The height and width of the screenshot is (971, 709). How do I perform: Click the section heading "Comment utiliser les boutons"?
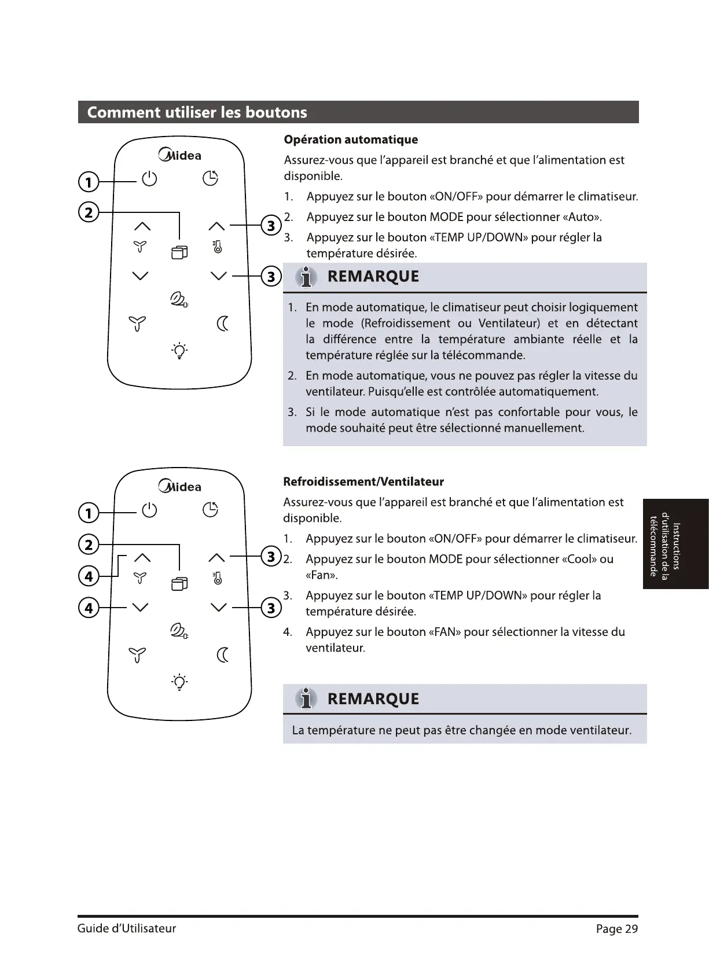(x=197, y=112)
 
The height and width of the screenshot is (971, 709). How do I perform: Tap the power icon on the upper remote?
(x=149, y=179)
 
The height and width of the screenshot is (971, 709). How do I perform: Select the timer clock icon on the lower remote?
(x=210, y=510)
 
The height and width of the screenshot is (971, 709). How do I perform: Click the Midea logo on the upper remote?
(x=180, y=155)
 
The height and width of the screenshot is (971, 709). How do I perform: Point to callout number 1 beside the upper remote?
(x=88, y=183)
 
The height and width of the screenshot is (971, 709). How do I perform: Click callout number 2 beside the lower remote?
(x=89, y=545)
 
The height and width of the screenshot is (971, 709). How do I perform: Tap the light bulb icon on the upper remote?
(x=179, y=351)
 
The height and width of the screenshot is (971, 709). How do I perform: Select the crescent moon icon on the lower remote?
(x=223, y=654)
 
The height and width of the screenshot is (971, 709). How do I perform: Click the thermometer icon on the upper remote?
(x=217, y=247)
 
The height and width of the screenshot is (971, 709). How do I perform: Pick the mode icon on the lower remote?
(x=179, y=584)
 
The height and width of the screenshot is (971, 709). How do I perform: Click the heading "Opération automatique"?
(x=351, y=140)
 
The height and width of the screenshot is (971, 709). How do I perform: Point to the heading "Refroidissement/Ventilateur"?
(x=363, y=482)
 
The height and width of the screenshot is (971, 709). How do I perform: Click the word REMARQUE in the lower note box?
(x=373, y=699)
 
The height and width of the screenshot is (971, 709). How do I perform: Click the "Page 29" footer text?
(x=616, y=929)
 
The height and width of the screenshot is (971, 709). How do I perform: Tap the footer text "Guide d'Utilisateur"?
(x=127, y=929)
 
